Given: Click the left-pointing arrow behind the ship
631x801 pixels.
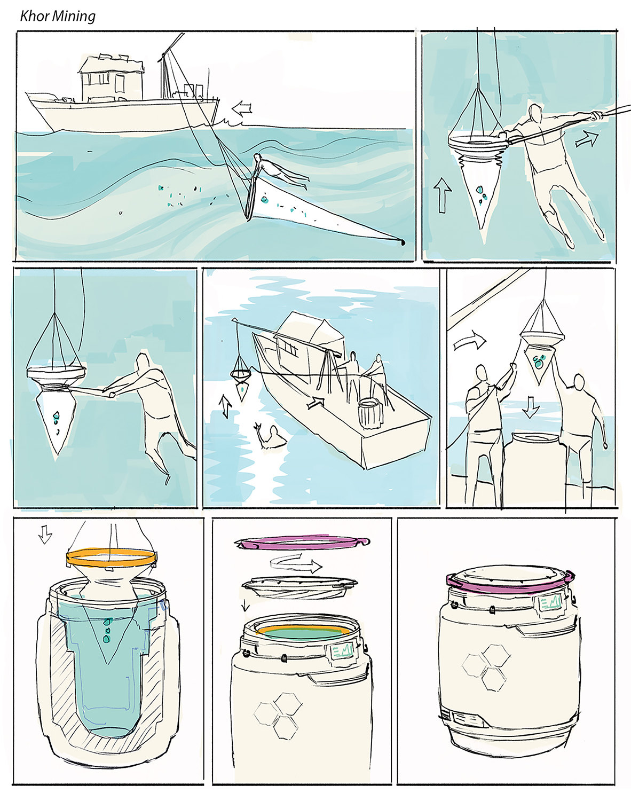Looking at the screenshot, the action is (242, 109).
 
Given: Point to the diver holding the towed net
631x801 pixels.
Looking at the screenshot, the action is (279, 171).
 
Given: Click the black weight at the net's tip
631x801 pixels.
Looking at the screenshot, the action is (403, 242).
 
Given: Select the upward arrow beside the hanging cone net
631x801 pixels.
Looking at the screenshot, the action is (443, 195).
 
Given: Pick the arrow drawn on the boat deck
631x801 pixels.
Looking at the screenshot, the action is (315, 403).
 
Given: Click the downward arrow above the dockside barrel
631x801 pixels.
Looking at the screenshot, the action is (531, 407).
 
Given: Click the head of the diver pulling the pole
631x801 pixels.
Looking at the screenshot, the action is (536, 113).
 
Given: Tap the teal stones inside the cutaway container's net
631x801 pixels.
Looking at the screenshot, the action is (107, 630).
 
